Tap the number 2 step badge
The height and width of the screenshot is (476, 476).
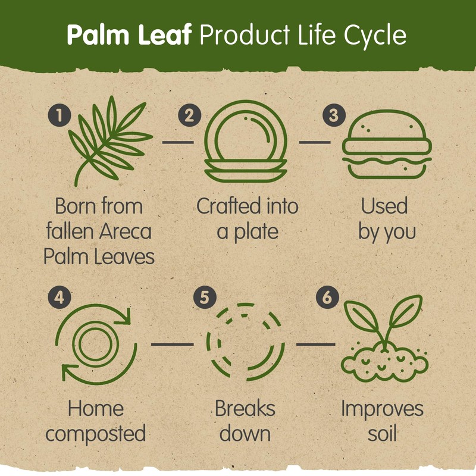[189, 114]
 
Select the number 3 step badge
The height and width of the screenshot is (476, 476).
[333, 115]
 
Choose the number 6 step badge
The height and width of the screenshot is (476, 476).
[333, 298]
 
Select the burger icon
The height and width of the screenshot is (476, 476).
[387, 144]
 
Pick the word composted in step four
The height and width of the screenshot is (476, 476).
[96, 434]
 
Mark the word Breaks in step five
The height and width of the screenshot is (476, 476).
[245, 409]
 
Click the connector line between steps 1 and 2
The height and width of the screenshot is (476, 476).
[178, 142]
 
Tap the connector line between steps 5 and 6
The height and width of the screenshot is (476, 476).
[315, 344]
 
